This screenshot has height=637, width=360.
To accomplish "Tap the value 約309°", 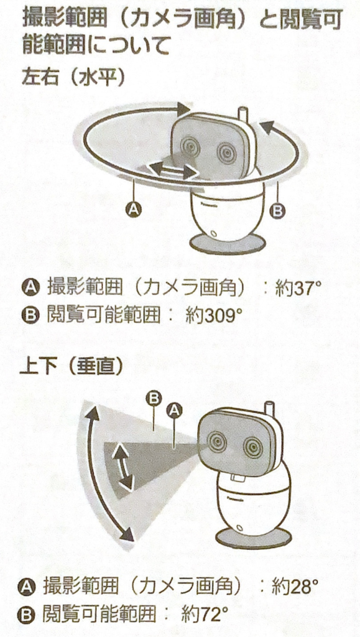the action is coord(211,315).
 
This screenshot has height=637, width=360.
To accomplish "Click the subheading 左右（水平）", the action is coord(73,78).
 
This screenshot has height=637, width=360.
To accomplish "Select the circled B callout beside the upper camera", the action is coord(277,210).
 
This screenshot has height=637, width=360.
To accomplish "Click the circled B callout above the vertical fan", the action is coord(154,398).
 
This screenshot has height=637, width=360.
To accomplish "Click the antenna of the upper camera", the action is coord(242,115).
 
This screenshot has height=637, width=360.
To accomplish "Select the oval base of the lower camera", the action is coord(254,539).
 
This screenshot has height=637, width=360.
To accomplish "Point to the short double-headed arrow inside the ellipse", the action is coord(172,169).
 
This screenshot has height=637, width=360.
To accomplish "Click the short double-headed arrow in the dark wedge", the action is coord(122,467).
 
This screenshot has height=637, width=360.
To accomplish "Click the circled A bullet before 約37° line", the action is coord(29,289).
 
